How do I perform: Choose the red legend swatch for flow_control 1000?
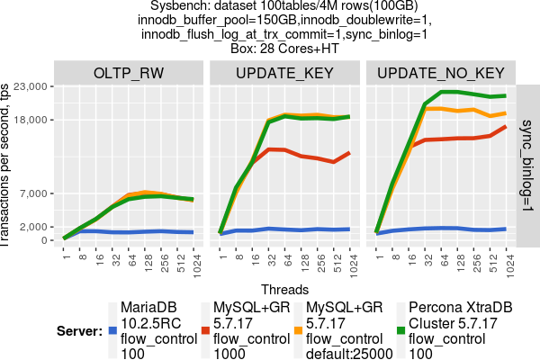click(x=205, y=331)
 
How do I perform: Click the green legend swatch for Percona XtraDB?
click(x=401, y=331)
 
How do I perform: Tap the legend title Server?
click(x=76, y=331)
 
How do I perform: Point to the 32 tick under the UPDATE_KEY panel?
click(x=270, y=258)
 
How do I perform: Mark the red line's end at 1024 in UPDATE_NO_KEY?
click(x=506, y=126)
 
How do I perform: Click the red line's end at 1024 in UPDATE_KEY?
click(x=349, y=153)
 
